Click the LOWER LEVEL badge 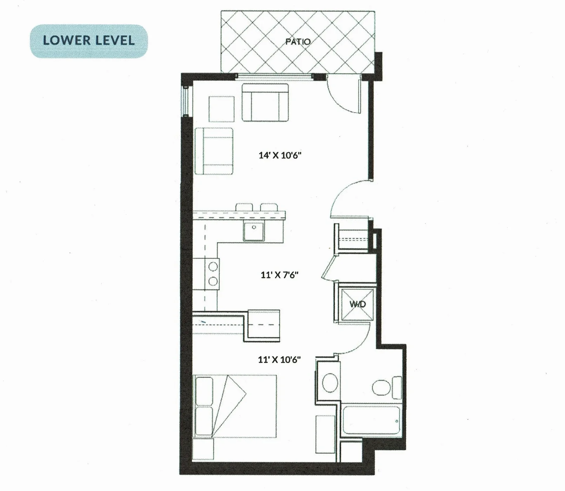click(x=89, y=41)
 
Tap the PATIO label click(x=298, y=41)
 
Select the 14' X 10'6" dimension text click(x=280, y=155)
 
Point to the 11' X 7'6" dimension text click(x=279, y=275)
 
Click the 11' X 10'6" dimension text click(x=279, y=359)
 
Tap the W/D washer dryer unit click(x=358, y=304)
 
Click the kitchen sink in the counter click(x=254, y=231)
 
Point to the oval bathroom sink click(x=330, y=383)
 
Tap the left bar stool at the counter click(x=244, y=207)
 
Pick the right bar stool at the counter click(x=269, y=207)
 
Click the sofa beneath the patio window click(x=265, y=102)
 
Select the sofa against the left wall click(x=214, y=151)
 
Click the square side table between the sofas click(x=221, y=109)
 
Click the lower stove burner click(x=213, y=281)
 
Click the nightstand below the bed click(x=203, y=449)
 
